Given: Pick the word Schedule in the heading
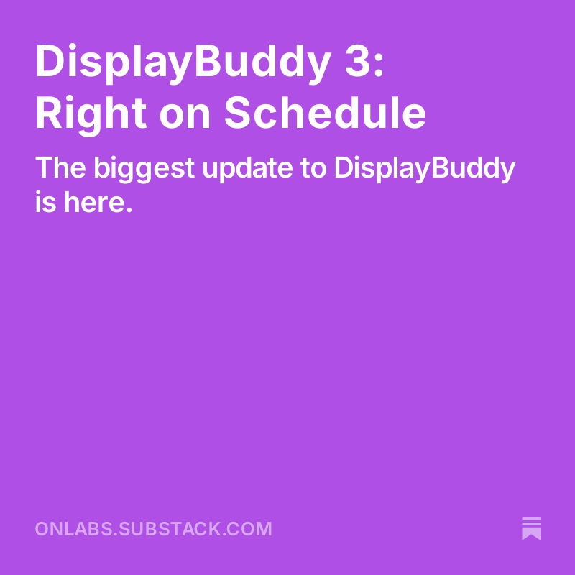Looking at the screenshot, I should tap(325, 114).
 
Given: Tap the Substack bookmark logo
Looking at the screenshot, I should tap(531, 528).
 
